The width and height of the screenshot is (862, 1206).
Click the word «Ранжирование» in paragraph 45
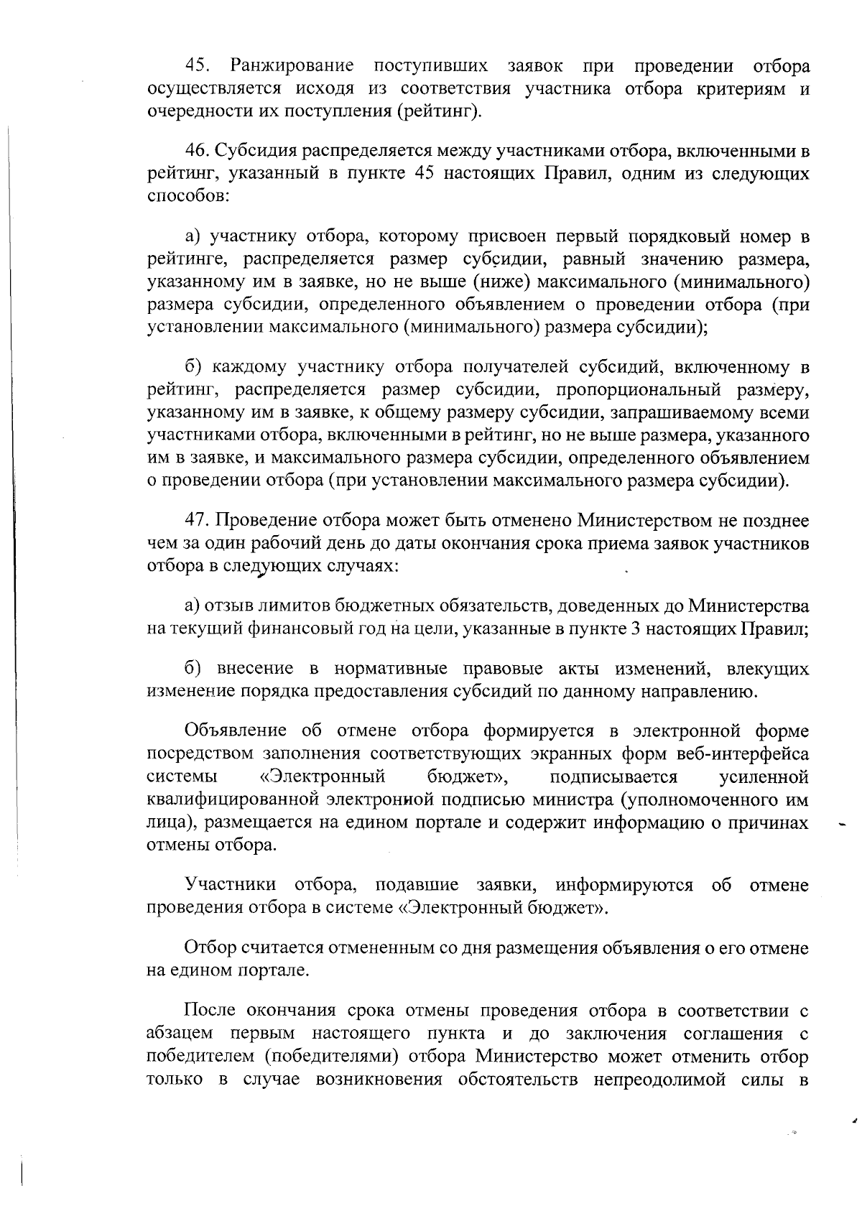pos(292,67)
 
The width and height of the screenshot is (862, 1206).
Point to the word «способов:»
pos(188,196)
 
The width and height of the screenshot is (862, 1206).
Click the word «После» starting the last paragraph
pos(210,1011)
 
